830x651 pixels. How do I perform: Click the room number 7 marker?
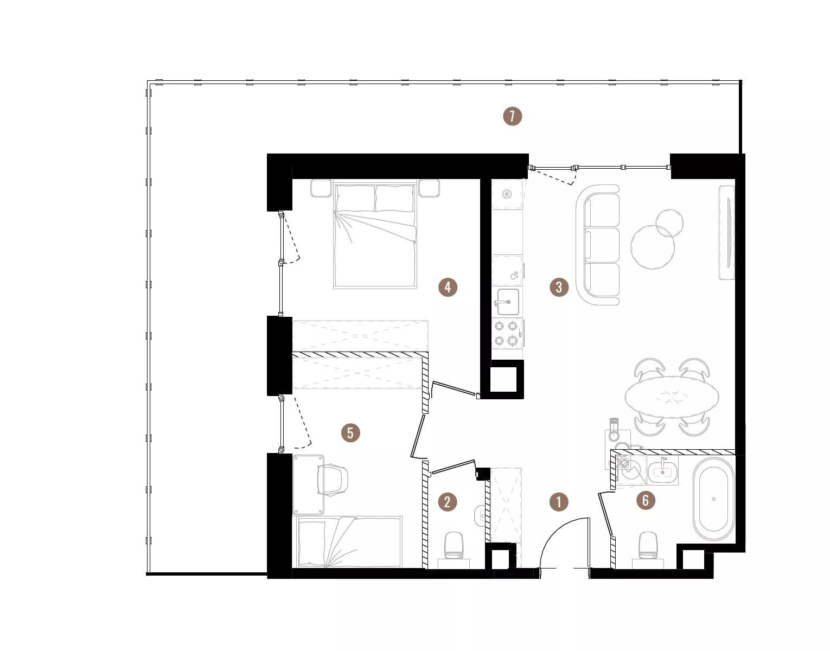click(x=512, y=116)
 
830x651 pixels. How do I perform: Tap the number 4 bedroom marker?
click(x=448, y=287)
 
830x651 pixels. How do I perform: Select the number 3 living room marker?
click(x=559, y=287)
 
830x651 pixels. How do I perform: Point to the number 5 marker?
click(x=350, y=433)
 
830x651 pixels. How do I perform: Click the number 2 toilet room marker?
click(x=447, y=502)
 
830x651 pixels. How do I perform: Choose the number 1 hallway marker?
click(x=559, y=502)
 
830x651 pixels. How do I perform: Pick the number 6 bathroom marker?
click(x=646, y=500)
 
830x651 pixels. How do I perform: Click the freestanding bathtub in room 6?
click(x=713, y=499)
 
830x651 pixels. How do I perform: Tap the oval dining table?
click(x=672, y=397)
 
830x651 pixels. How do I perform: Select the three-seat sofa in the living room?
click(x=598, y=245)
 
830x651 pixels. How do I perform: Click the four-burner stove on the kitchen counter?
click(x=507, y=333)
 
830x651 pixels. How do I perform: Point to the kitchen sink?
click(x=507, y=302)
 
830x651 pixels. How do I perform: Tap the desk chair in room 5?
click(x=333, y=480)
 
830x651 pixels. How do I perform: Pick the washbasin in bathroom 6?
click(x=663, y=470)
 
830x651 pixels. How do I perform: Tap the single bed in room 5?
click(x=347, y=541)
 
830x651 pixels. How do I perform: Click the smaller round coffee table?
click(x=669, y=223)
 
